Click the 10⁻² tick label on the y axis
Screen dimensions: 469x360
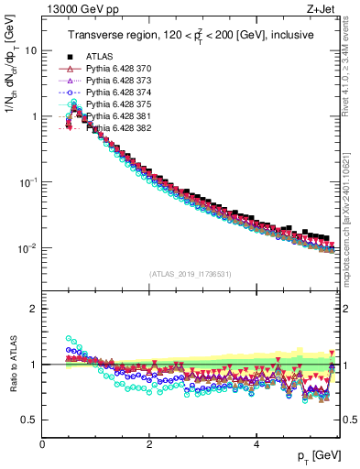coord(28,248)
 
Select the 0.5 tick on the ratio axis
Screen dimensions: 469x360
coord(31,420)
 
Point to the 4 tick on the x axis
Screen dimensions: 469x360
coord(256,443)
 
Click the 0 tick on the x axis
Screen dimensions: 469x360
coord(43,443)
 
